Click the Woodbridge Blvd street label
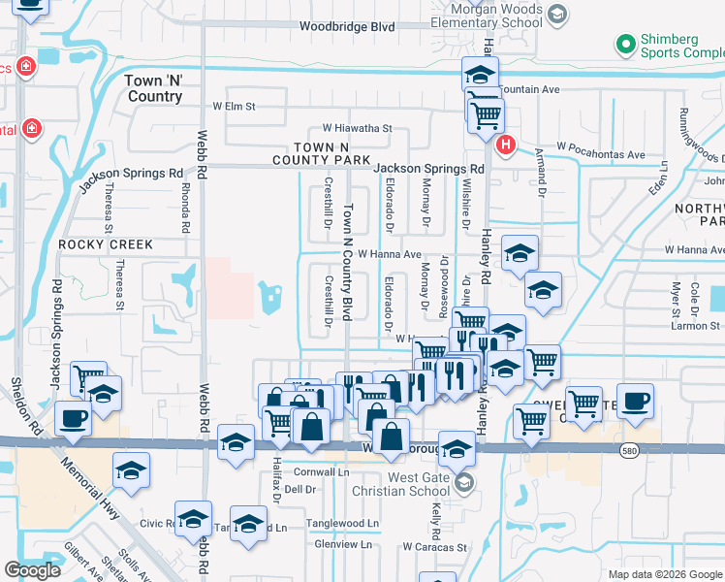[347, 27]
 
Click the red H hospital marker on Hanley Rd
[505, 145]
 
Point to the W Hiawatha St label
[357, 128]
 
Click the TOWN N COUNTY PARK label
[322, 152]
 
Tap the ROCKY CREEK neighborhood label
[106, 245]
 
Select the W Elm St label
[234, 106]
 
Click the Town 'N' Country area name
[154, 89]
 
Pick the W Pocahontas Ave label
[601, 155]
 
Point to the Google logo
[32, 570]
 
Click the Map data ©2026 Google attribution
[664, 573]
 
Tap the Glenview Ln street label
[343, 544]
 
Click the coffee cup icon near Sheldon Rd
[74, 420]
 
